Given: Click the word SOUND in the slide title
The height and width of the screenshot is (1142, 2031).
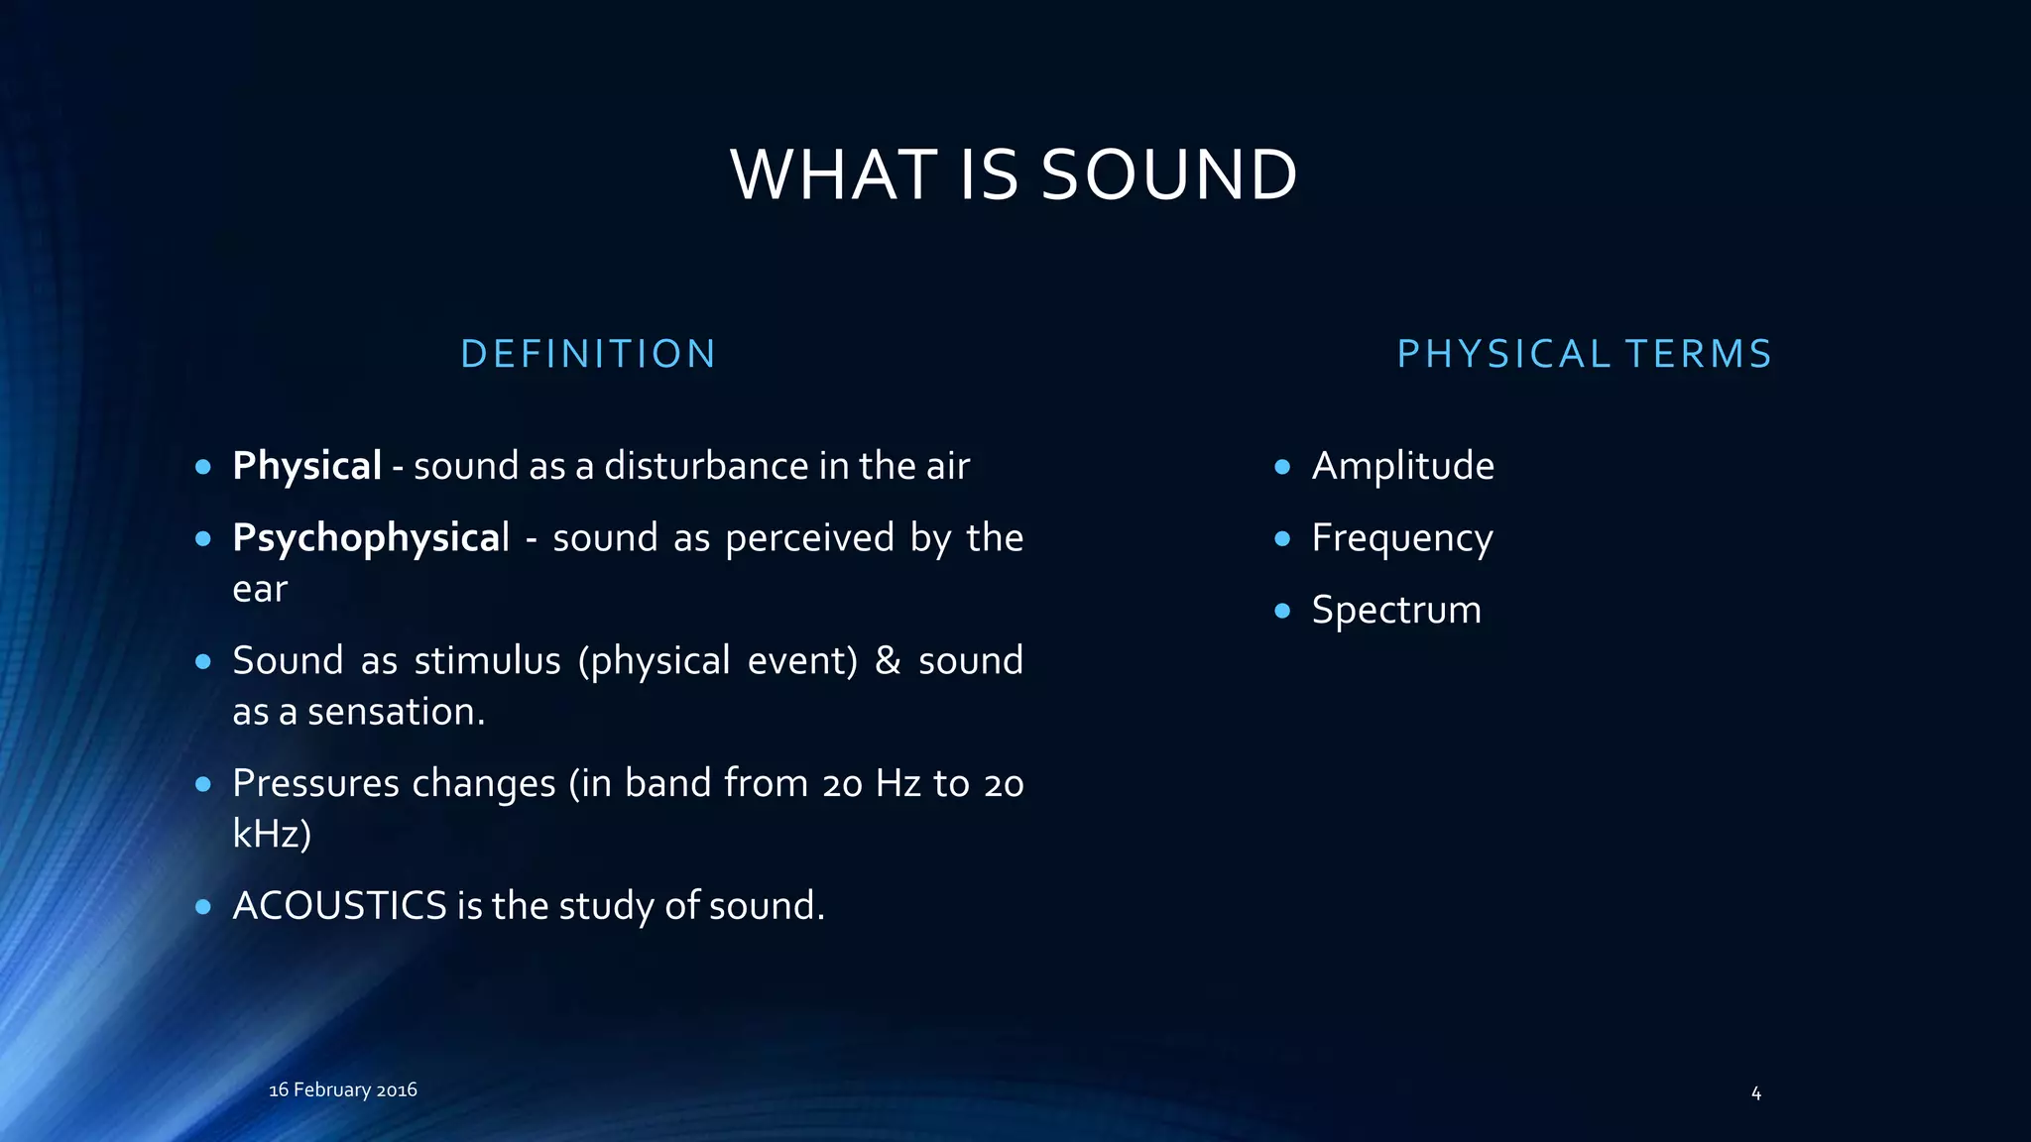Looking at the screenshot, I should (1169, 174).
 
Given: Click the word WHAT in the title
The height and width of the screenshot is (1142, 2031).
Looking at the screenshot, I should (834, 174).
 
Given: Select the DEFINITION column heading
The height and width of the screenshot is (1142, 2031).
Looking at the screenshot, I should (588, 354).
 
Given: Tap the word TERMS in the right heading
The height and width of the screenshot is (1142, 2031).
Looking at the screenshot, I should (1698, 354).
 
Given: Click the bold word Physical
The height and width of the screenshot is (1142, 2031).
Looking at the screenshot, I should (306, 466).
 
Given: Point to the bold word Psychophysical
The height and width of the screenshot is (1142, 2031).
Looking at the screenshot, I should (370, 538).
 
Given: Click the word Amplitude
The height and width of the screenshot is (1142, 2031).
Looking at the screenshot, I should (1402, 466).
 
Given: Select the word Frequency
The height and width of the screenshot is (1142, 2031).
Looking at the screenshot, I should (1401, 538).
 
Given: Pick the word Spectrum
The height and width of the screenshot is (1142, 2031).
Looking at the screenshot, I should (1395, 610).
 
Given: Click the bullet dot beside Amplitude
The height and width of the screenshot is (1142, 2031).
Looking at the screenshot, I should (1282, 466).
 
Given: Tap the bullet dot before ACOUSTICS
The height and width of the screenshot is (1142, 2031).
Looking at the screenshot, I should (203, 906).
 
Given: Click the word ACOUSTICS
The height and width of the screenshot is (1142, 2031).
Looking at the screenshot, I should (339, 906).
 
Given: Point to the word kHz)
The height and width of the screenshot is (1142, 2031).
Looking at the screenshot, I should (272, 834).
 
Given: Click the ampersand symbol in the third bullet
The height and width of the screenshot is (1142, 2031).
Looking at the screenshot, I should (888, 660).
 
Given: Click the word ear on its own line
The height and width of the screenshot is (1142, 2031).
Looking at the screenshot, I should (260, 590).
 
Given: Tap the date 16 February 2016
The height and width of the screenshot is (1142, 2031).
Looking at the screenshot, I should (343, 1089).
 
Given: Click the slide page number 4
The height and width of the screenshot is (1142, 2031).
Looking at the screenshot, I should (1756, 1093).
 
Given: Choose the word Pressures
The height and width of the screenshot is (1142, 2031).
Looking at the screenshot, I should (315, 783).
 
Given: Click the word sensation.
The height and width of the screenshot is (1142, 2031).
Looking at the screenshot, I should (396, 712).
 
